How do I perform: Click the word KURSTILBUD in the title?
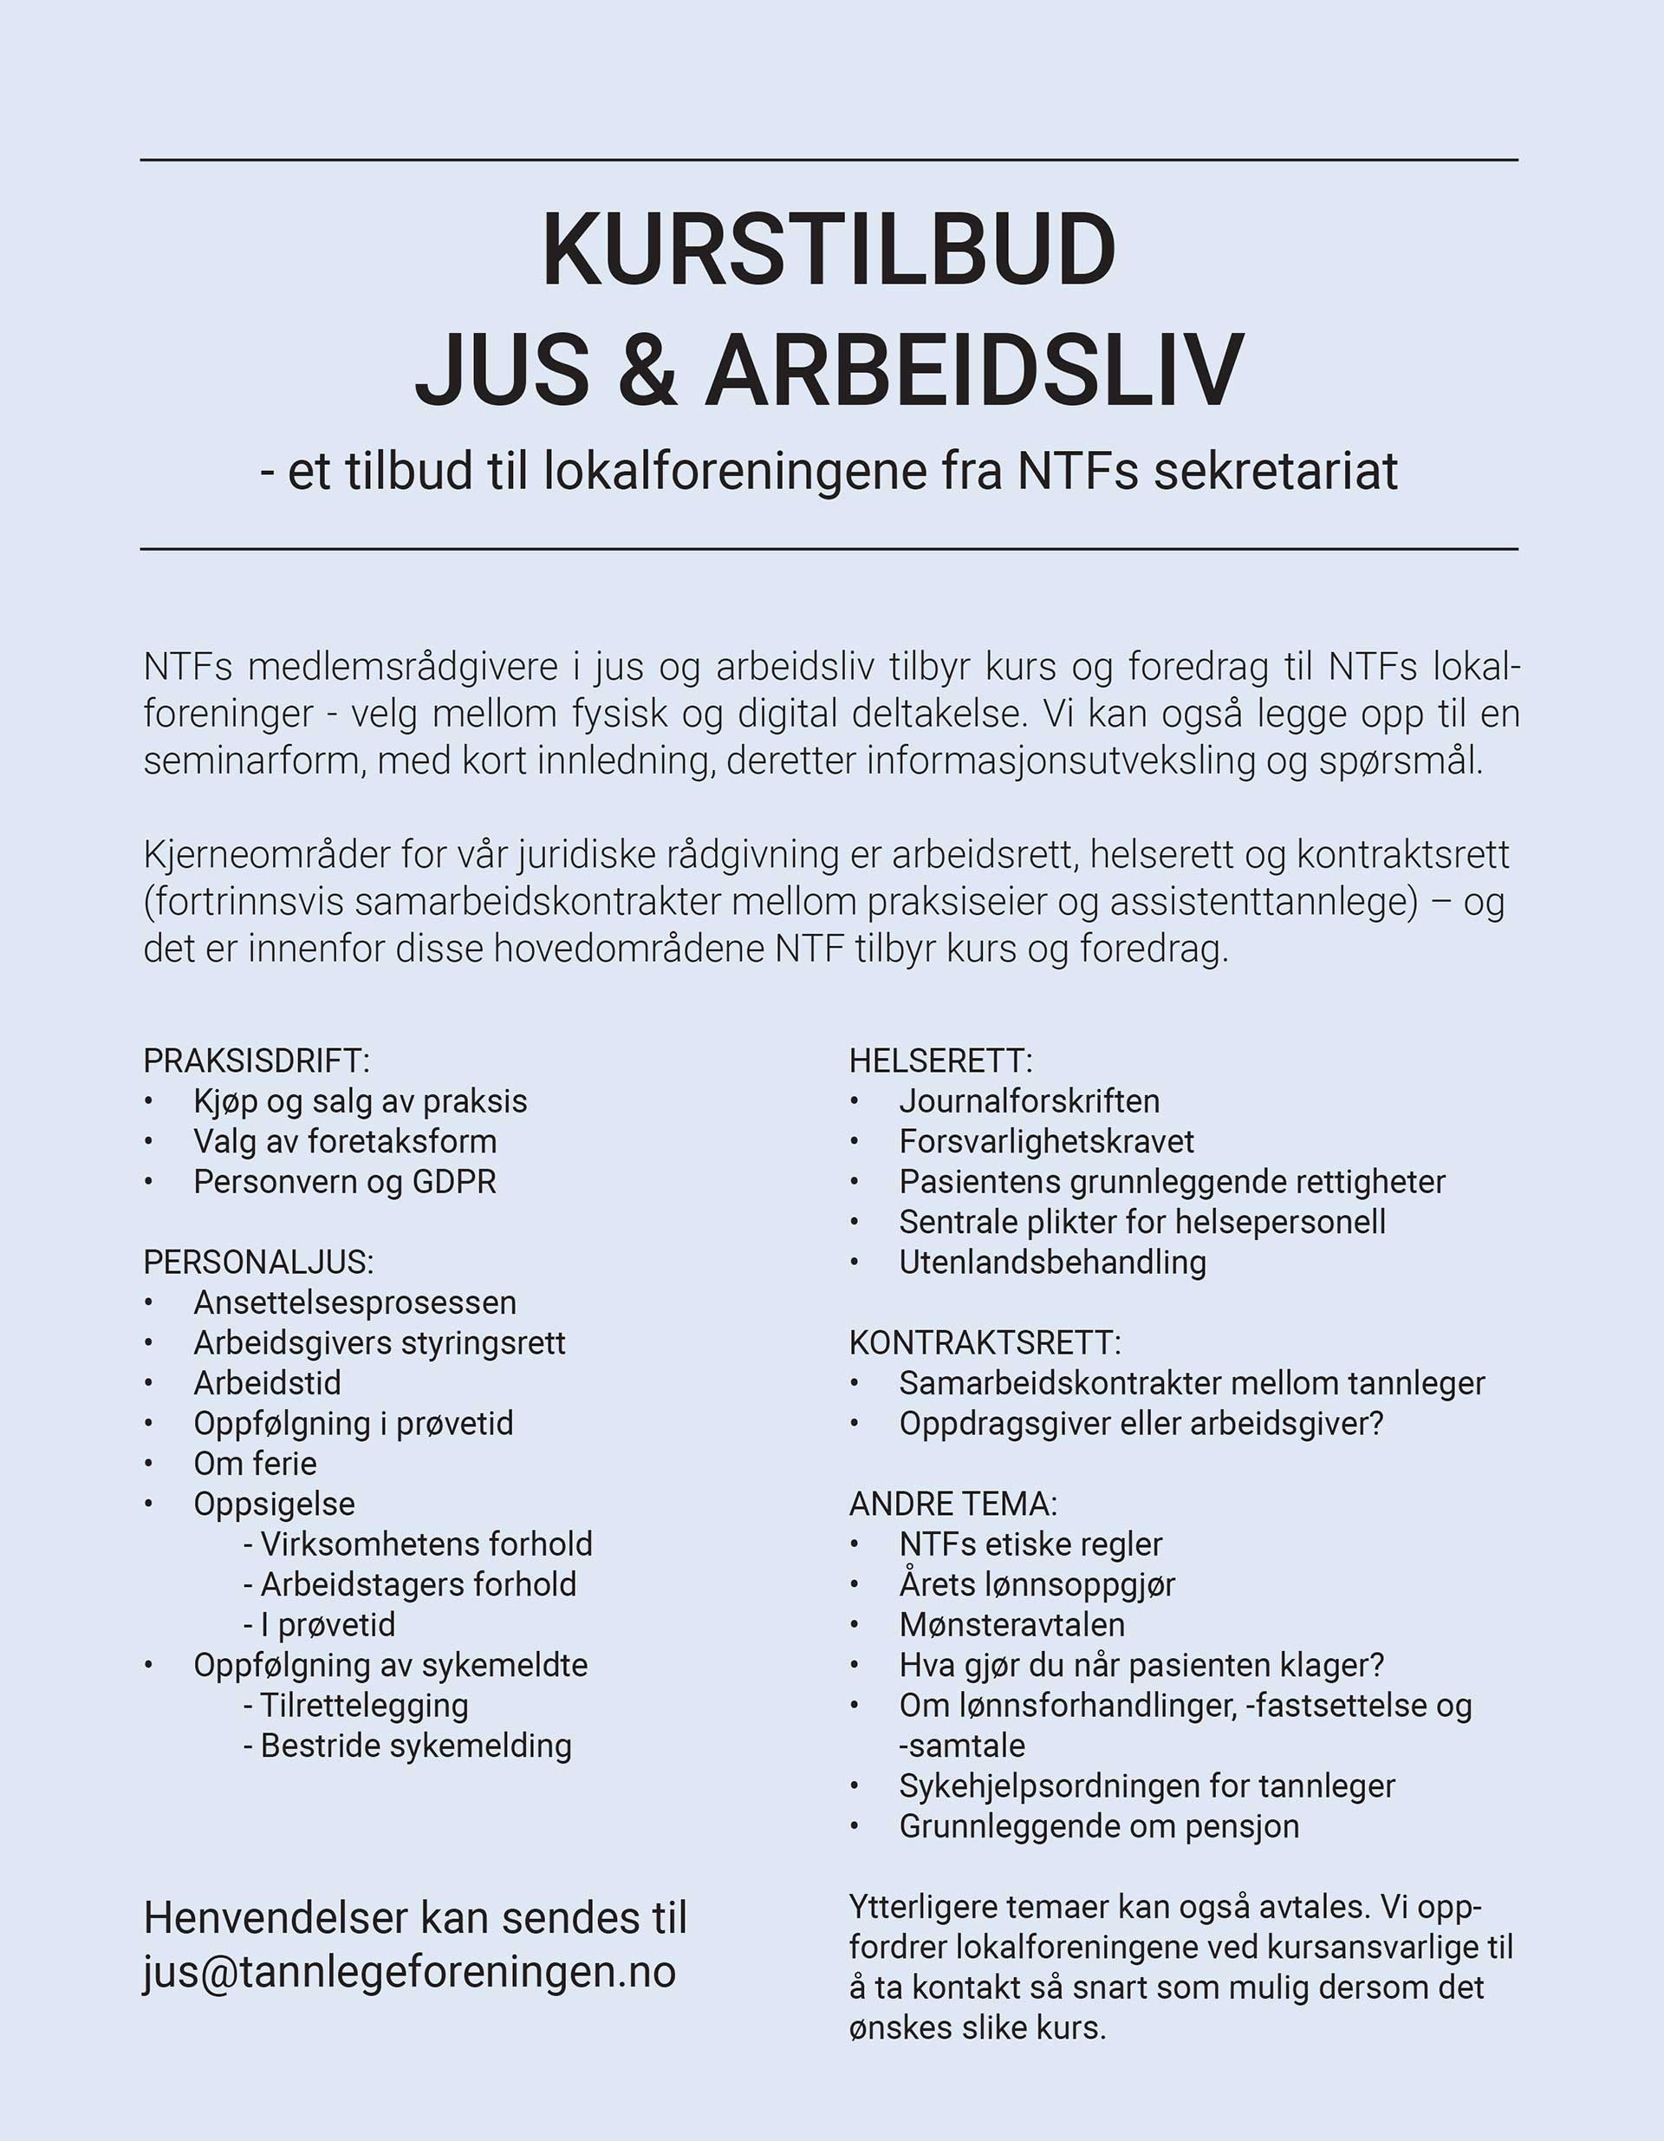tap(829, 249)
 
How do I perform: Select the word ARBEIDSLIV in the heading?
tap(974, 370)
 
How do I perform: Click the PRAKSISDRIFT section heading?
tap(257, 1061)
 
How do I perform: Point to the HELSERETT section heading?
tap(941, 1061)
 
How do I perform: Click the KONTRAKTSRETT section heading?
tap(985, 1342)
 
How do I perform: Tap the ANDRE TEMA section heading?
tap(952, 1504)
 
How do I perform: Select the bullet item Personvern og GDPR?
tap(345, 1181)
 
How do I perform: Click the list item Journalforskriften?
tap(1029, 1101)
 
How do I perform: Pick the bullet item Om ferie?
tap(255, 1464)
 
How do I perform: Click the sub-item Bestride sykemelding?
tap(415, 1745)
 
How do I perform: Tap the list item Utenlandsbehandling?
tap(1052, 1262)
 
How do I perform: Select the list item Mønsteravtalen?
tap(1011, 1624)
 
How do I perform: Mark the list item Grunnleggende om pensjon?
tap(1099, 1826)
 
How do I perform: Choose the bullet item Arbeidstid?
tap(268, 1383)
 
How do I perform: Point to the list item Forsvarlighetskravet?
tap(1047, 1141)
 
